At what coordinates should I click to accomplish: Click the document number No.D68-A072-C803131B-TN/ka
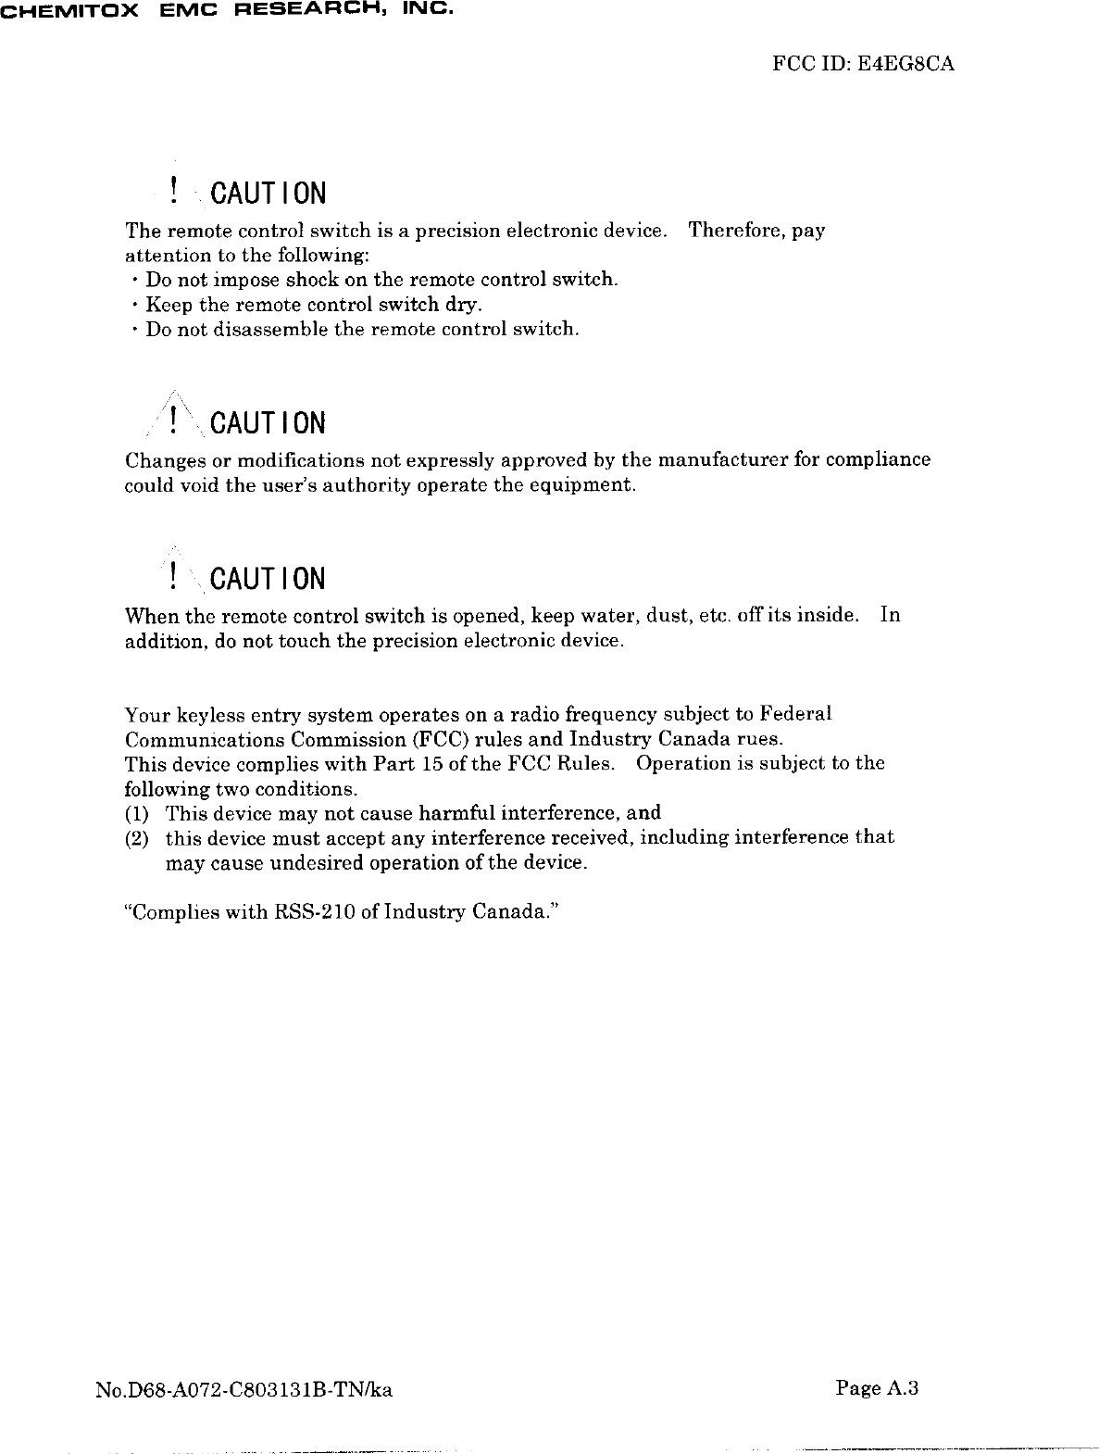(x=244, y=1389)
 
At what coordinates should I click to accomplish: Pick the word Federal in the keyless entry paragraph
(x=795, y=714)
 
